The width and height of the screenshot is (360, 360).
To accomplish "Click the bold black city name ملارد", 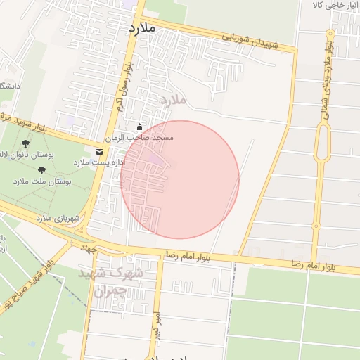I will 141,28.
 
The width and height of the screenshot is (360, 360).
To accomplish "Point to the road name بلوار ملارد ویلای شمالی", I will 328,77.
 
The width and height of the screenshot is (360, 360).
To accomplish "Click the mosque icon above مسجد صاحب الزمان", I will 139,127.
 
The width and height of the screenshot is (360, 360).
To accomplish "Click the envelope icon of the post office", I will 98,151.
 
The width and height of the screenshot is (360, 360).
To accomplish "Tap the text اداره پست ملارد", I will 100,162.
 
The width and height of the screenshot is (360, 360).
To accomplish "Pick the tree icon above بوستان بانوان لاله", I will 26,143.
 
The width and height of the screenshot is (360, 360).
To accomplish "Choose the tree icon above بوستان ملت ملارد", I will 41,170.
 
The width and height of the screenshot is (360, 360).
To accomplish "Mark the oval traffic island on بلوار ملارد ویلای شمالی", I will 323,144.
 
